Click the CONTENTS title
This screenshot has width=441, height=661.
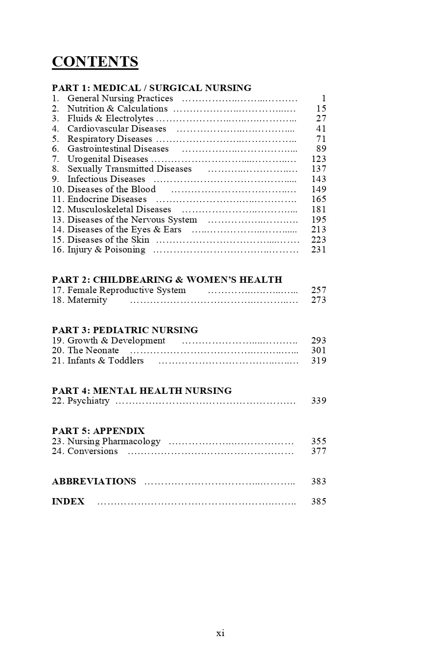(x=95, y=62)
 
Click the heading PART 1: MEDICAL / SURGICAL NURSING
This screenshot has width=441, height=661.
(x=151, y=88)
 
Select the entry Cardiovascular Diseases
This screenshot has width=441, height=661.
(x=116, y=129)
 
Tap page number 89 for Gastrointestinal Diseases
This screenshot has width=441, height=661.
(x=321, y=149)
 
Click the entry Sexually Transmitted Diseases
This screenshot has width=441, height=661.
(x=129, y=169)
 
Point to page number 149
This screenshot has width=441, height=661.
(x=319, y=189)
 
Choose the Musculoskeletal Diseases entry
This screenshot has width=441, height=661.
(x=119, y=209)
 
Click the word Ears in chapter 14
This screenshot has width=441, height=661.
(x=172, y=229)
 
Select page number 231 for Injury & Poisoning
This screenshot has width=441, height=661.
(x=319, y=250)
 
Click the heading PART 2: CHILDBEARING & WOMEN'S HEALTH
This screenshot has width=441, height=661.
(x=167, y=280)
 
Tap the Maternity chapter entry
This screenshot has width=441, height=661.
(x=87, y=300)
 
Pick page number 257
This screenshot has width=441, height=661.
(x=319, y=290)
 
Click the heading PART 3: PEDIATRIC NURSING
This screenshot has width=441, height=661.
(x=125, y=330)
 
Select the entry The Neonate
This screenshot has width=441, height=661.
(x=93, y=350)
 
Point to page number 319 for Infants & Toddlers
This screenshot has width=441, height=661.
(x=319, y=361)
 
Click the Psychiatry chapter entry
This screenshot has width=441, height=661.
(x=88, y=401)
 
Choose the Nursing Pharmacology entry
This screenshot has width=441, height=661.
(x=114, y=441)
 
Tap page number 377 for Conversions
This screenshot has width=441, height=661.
(x=319, y=451)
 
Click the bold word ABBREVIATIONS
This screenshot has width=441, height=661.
(x=94, y=481)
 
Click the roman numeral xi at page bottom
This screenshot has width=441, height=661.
(x=220, y=633)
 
